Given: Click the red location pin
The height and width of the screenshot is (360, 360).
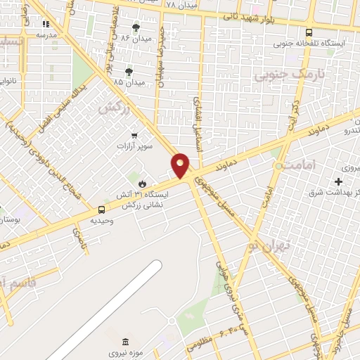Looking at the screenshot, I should tap(181, 165).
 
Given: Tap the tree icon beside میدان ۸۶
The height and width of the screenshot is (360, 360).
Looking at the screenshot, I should tap(136, 27).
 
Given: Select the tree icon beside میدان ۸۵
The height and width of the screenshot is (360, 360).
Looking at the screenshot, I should tap(129, 72).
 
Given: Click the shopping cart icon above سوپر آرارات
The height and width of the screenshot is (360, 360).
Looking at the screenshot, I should tap(134, 134).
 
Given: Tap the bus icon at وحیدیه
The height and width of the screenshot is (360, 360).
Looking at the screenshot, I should tap(102, 210).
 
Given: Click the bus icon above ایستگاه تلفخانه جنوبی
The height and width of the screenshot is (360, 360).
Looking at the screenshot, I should tap(309, 32).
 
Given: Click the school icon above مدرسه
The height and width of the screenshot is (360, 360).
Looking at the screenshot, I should tap(46, 24).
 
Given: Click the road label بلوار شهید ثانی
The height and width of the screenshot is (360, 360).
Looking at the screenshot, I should tap(270, 18).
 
